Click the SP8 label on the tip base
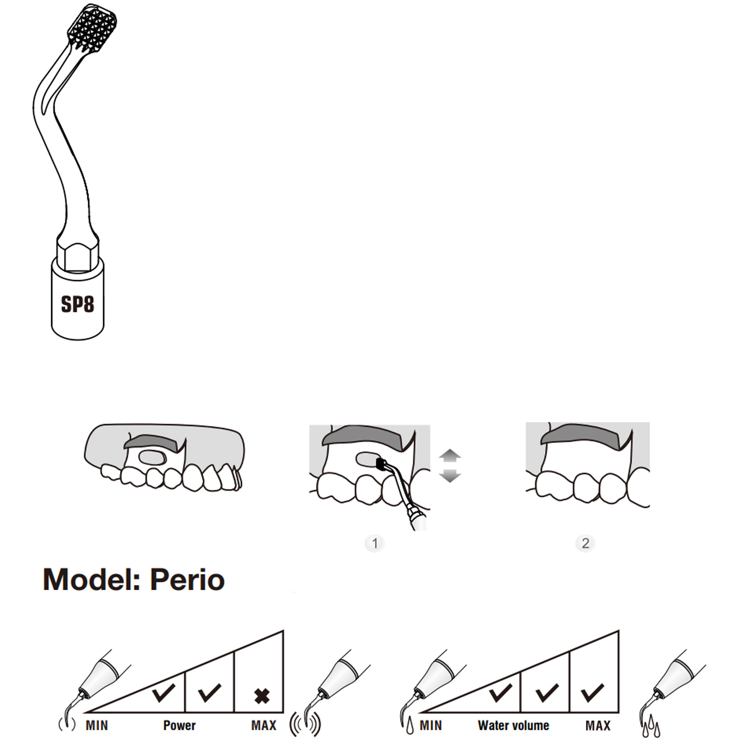click(78, 304)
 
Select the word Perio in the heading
click(187, 579)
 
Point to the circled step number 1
click(374, 543)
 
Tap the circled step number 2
click(585, 543)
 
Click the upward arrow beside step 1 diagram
click(450, 456)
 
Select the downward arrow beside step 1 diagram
click(450, 475)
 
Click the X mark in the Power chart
click(262, 696)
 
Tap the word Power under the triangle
click(179, 726)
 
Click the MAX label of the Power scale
click(264, 726)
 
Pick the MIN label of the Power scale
click(97, 726)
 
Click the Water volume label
click(514, 726)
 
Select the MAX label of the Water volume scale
click(598, 726)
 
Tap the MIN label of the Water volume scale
click(430, 726)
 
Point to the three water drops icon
click(651, 729)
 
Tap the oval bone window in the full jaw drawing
click(153, 458)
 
